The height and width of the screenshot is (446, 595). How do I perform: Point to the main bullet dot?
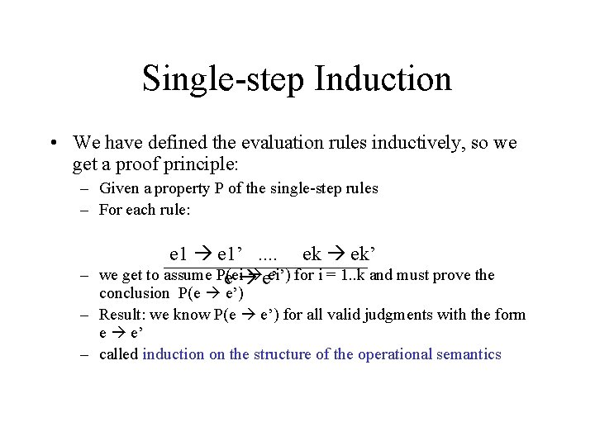[53, 144]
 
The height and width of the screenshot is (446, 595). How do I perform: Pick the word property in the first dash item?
[168, 188]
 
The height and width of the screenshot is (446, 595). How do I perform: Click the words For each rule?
[145, 210]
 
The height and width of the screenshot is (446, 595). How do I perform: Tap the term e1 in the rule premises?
[178, 254]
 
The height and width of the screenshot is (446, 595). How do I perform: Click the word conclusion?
[134, 293]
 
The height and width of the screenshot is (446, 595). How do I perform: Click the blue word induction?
[174, 354]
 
